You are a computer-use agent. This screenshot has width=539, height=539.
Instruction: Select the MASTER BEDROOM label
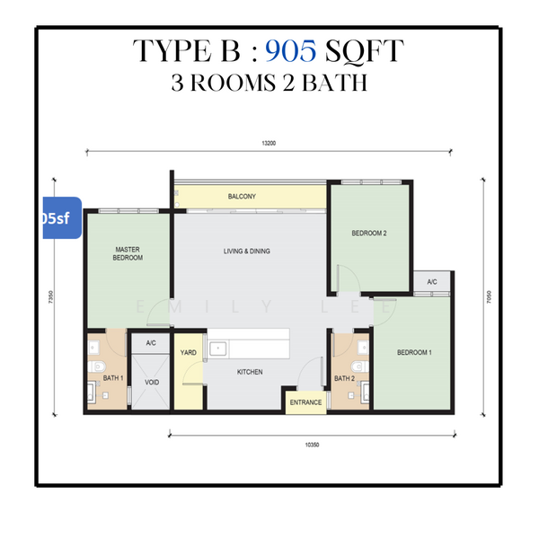128,253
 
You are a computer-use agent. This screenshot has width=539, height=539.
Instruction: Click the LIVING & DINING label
247,252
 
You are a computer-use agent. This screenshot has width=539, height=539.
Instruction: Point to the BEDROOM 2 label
368,234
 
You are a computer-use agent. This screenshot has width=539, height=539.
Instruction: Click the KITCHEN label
250,372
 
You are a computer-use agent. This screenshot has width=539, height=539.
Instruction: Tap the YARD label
189,353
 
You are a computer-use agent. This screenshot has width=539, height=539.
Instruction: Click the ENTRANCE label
305,402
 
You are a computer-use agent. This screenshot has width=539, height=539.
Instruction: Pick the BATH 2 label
344,379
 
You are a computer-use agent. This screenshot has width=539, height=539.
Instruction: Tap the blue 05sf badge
60,217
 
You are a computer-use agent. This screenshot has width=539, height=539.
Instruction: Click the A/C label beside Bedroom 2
432,282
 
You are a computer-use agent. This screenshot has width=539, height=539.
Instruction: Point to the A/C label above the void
151,343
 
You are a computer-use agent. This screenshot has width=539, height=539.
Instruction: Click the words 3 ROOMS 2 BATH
269,83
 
